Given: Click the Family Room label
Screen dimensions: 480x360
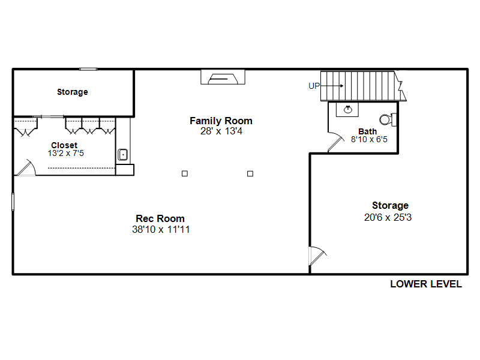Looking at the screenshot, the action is (221, 121).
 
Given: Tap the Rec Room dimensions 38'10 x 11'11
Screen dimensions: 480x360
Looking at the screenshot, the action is (161, 229).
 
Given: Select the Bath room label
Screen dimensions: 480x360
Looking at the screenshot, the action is (367, 131).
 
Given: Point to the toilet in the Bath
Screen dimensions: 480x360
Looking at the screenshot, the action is (388, 119).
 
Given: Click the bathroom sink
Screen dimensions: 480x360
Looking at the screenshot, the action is (348, 109).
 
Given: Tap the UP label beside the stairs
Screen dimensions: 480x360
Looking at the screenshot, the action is (314, 86).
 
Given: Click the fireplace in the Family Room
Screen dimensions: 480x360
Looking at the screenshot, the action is (223, 77).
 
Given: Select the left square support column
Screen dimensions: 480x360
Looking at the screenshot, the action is (185, 173).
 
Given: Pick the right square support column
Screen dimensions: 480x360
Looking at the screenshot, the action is (250, 174).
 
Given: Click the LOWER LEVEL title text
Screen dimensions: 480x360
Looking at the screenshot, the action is (426, 284).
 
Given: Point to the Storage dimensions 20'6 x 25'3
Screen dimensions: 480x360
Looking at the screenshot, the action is (388, 217).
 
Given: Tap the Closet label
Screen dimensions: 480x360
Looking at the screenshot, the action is (64, 145).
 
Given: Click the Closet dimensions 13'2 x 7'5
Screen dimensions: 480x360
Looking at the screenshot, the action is (66, 153).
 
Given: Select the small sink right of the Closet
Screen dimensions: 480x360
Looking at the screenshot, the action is (123, 155).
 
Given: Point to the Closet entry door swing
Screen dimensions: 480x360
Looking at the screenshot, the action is (27, 168).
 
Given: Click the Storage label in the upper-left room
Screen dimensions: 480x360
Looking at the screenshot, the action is (73, 92).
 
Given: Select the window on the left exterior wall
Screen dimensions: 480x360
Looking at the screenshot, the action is (13, 202).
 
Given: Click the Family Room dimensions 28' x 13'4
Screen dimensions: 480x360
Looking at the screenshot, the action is (221, 131).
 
